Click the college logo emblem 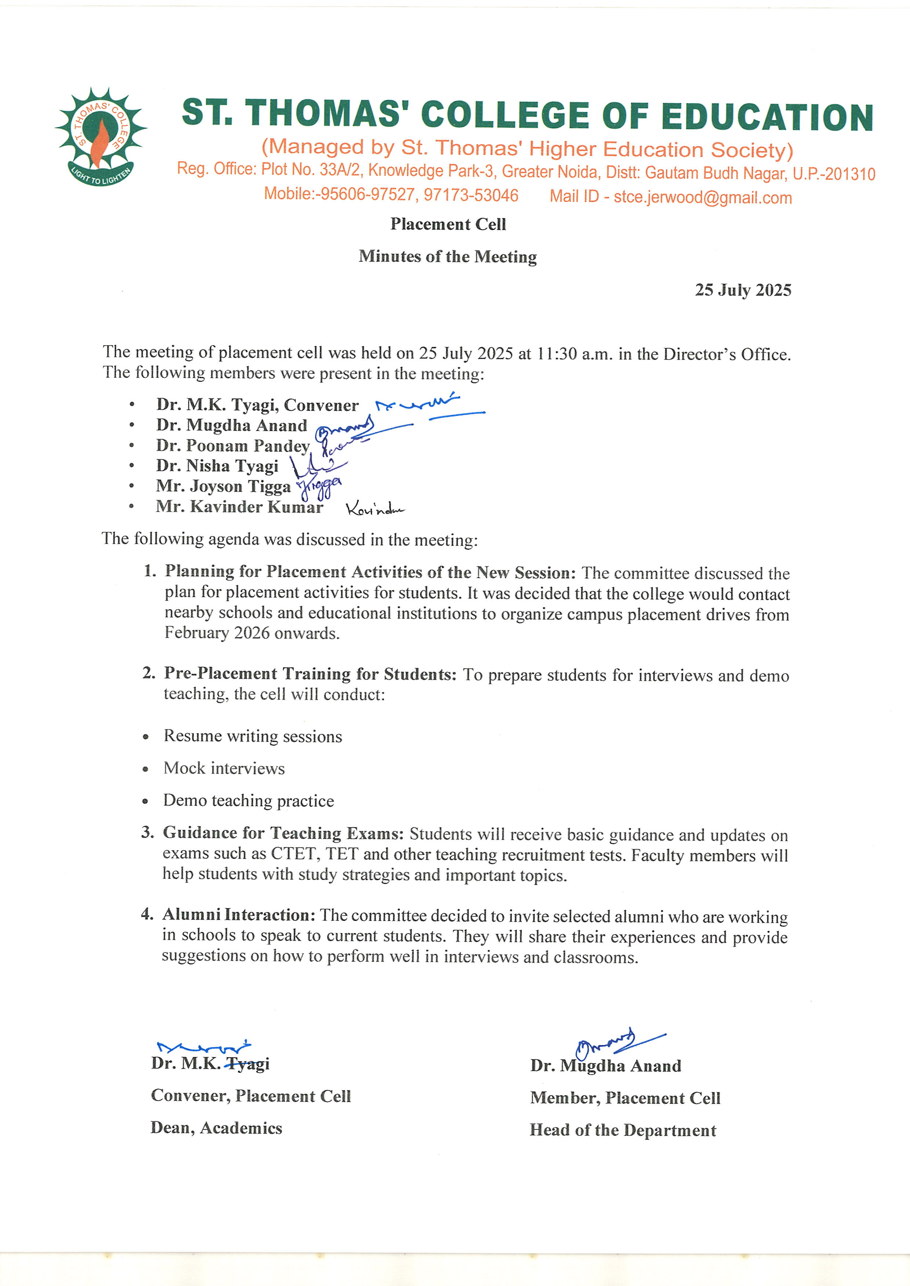101,137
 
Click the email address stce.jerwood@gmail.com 703,197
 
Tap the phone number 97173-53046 471,195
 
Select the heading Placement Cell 448,224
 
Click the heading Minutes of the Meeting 448,257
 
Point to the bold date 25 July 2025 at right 743,290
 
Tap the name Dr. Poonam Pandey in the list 233,446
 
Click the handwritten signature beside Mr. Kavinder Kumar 374,509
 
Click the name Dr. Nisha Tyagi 218,466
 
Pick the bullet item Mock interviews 224,769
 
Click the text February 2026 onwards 252,634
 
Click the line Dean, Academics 216,1128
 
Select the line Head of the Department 623,1130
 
